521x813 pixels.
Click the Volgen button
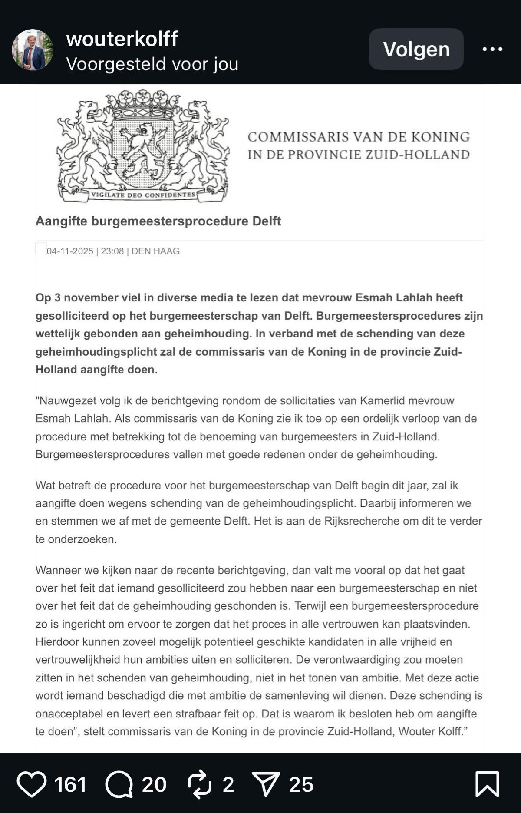(416, 49)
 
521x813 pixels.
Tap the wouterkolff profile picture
(33, 50)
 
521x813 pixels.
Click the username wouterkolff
(122, 39)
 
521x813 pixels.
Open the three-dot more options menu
(492, 49)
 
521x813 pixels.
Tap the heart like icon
(32, 784)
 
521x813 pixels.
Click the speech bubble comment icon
(119, 784)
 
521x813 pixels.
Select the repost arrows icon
(200, 784)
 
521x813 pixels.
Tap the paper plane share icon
(266, 784)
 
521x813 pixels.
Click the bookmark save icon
(487, 784)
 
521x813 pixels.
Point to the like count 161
(70, 784)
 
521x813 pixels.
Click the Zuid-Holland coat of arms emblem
(143, 145)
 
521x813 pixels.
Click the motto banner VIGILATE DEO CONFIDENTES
(143, 195)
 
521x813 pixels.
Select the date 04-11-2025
(70, 251)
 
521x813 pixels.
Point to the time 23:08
(112, 251)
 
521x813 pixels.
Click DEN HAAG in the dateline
(155, 251)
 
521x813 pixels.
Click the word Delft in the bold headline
(266, 221)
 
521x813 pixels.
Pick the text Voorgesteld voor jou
(152, 64)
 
